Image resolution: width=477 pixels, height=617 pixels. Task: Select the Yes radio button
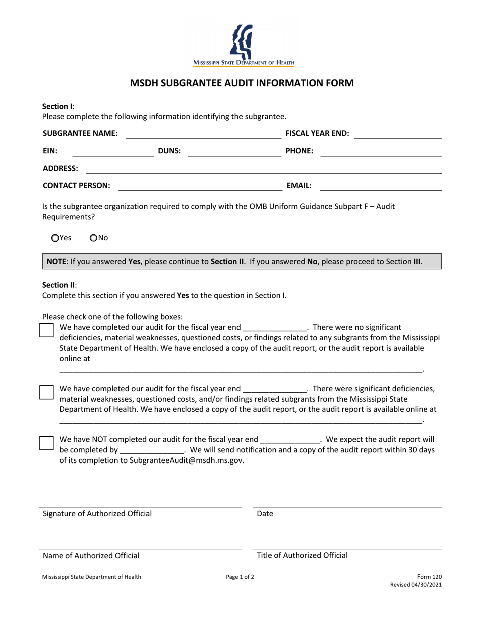55,238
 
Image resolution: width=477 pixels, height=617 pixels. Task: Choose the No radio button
93,238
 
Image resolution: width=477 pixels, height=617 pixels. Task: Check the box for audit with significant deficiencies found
47,392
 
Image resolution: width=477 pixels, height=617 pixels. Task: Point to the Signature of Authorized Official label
97,514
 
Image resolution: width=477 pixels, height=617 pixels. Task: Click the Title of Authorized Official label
302,555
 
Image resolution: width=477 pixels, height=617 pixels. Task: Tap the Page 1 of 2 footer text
240,577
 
